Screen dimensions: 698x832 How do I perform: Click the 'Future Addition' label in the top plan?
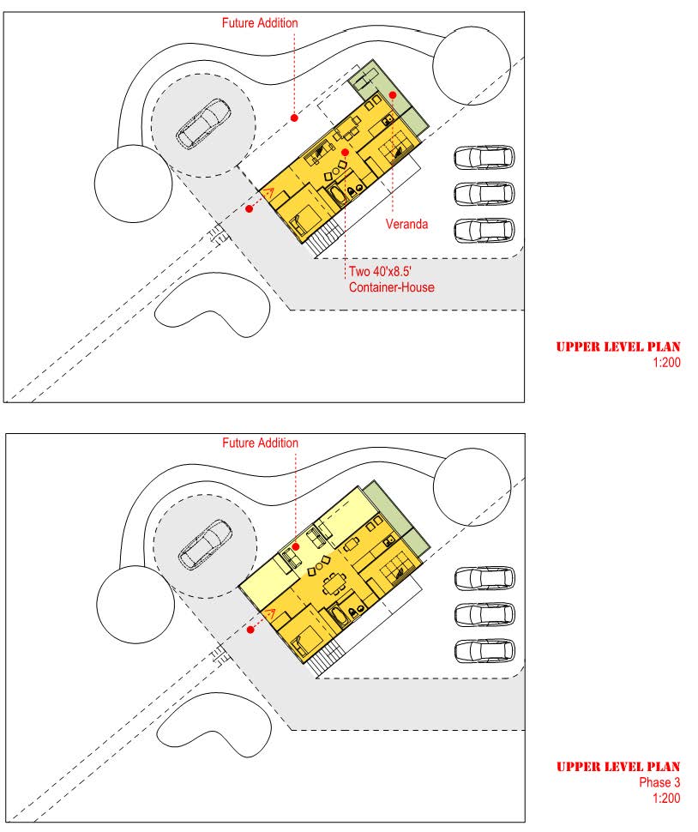click(x=259, y=23)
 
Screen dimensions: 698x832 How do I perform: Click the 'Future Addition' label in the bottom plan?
click(x=260, y=443)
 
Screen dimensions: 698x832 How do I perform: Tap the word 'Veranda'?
click(x=406, y=224)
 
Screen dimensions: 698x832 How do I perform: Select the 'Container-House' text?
click(x=391, y=287)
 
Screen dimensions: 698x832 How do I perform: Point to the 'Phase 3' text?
click(x=659, y=782)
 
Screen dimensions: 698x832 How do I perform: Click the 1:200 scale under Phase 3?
click(x=666, y=798)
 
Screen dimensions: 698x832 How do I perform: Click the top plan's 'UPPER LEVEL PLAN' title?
click(x=618, y=347)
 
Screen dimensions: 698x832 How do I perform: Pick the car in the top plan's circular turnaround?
click(x=204, y=123)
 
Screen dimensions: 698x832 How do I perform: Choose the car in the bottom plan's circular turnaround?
click(x=205, y=545)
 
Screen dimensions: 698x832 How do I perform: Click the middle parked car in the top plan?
click(x=484, y=194)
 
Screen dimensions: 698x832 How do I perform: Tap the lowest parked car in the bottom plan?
click(x=484, y=651)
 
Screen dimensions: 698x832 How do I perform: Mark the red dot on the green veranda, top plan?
click(x=393, y=95)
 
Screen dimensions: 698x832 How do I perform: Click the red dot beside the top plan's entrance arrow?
click(x=250, y=209)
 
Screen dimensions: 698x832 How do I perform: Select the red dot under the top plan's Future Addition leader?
click(x=294, y=118)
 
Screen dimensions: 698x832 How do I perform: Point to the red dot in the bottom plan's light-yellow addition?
click(x=296, y=546)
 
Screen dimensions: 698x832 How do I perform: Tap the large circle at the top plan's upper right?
click(x=472, y=66)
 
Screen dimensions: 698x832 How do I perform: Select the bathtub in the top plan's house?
click(x=338, y=194)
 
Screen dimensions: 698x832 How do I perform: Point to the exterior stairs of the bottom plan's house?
click(x=326, y=658)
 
